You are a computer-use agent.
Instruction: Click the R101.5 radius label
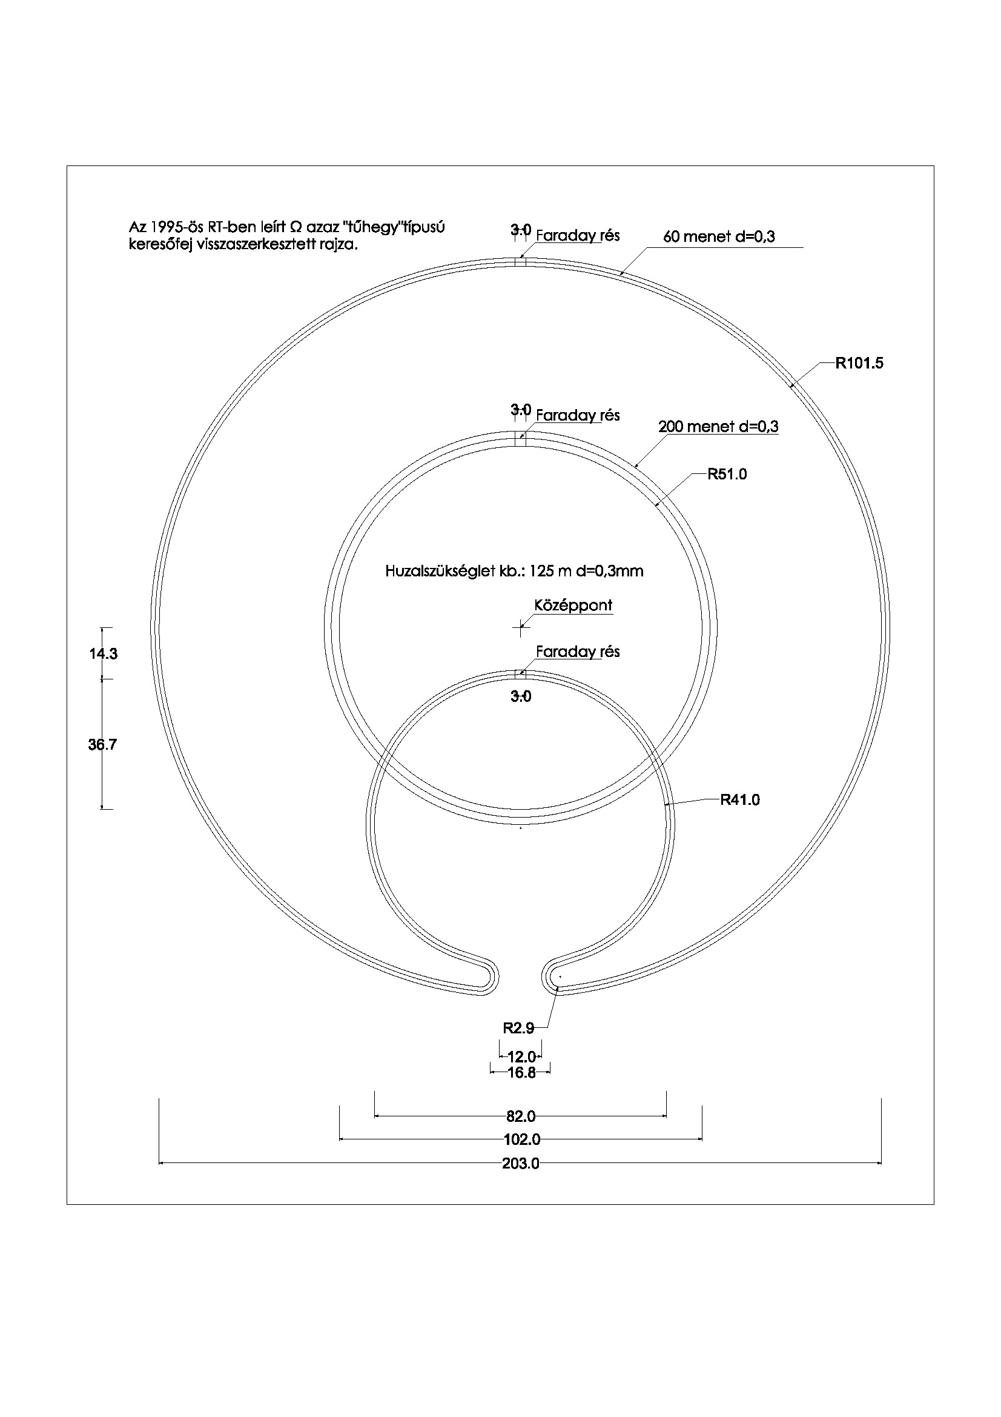coord(859,364)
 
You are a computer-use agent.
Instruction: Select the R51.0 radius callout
coord(727,474)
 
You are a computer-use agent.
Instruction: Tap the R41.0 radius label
coord(740,801)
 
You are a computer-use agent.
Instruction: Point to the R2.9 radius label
coord(518,1028)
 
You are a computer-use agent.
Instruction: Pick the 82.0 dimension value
coord(521,1116)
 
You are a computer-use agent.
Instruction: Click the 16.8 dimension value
coord(521,1073)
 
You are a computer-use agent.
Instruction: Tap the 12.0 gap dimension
coord(521,1057)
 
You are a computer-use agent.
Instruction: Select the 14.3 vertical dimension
coord(103,654)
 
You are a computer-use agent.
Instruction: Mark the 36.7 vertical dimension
coord(102,745)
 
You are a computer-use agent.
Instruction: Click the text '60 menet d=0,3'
coord(719,236)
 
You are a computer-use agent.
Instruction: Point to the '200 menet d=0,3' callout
coord(719,427)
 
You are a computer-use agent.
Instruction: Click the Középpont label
coord(573,605)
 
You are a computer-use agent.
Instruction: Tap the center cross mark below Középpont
coord(521,629)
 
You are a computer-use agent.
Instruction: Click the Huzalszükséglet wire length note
coord(514,572)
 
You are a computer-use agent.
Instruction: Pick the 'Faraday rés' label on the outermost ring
coord(578,236)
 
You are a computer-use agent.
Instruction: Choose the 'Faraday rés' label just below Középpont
coord(578,652)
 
